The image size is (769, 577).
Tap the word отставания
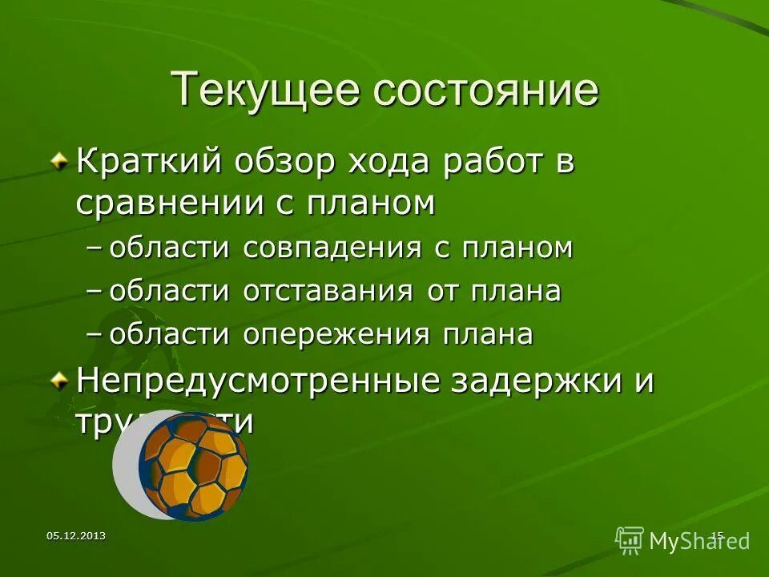click(x=328, y=292)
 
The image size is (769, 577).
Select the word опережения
click(x=337, y=334)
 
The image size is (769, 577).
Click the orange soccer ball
click(x=193, y=464)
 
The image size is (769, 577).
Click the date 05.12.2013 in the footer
click(x=76, y=535)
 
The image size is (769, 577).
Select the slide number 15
click(x=717, y=535)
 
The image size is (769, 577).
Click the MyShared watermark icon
click(x=630, y=540)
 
